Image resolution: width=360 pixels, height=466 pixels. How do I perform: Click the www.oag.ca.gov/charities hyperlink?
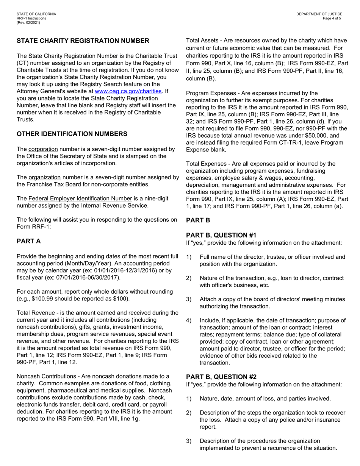coord(128,91)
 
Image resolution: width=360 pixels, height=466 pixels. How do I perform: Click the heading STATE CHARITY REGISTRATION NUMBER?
coord(83,41)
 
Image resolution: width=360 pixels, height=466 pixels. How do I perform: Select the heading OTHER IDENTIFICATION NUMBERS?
coord(72,134)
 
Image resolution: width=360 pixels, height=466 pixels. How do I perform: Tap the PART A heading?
coord(29,241)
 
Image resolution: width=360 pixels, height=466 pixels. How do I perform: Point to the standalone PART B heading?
coord(198,220)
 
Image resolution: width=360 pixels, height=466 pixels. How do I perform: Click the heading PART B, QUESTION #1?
coord(221,235)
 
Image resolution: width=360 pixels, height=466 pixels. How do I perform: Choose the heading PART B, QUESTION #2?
coord(221,377)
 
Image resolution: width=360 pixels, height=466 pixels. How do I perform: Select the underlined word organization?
coord(44,177)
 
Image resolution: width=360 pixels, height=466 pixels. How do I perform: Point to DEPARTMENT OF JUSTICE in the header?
coord(319,14)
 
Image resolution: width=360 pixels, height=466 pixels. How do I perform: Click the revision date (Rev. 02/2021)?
coord(28,22)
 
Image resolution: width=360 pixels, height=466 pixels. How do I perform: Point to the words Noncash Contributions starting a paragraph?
coord(42,376)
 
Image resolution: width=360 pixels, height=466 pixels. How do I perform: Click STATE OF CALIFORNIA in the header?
coord(36,14)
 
